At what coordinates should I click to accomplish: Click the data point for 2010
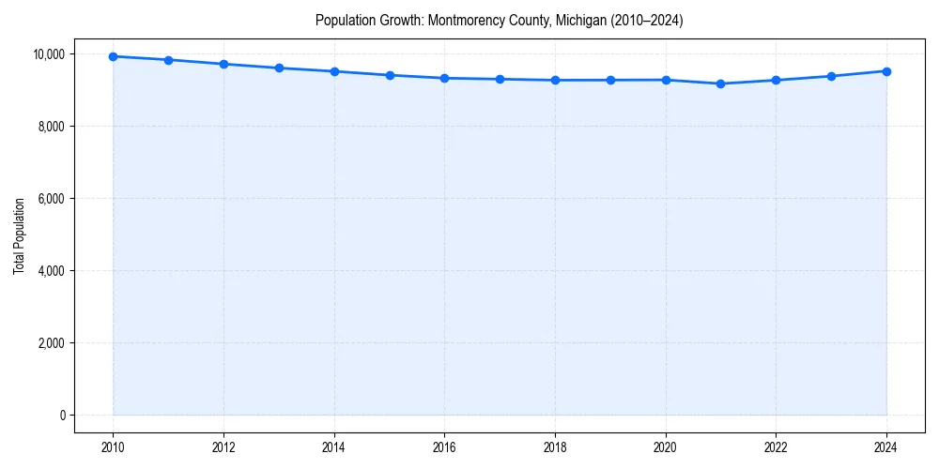113,56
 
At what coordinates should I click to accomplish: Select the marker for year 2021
720,83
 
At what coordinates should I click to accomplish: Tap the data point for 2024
886,71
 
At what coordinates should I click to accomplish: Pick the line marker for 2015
390,75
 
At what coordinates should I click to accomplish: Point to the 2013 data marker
279,68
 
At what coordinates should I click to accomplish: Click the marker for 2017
500,79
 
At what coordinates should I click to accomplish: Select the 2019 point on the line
610,80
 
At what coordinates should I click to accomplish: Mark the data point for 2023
831,76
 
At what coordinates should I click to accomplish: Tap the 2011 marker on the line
168,60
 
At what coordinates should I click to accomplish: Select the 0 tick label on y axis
63,415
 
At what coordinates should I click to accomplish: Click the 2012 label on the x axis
223,446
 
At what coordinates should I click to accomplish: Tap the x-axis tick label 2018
555,446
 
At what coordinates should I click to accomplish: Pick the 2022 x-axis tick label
776,446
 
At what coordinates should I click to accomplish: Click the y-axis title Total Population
19,235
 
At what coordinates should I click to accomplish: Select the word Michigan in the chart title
579,20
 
